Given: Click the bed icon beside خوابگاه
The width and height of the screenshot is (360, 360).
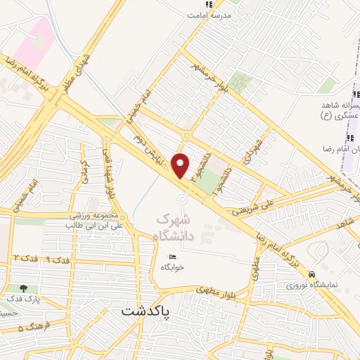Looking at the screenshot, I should [172, 256].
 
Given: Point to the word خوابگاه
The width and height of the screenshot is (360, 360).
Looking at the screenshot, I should [172, 268].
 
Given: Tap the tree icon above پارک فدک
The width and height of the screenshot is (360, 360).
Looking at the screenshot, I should [24, 288].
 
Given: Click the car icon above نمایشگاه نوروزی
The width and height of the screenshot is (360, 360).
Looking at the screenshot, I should [321, 274].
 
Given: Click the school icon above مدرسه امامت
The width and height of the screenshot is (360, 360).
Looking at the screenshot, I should [209, 5].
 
